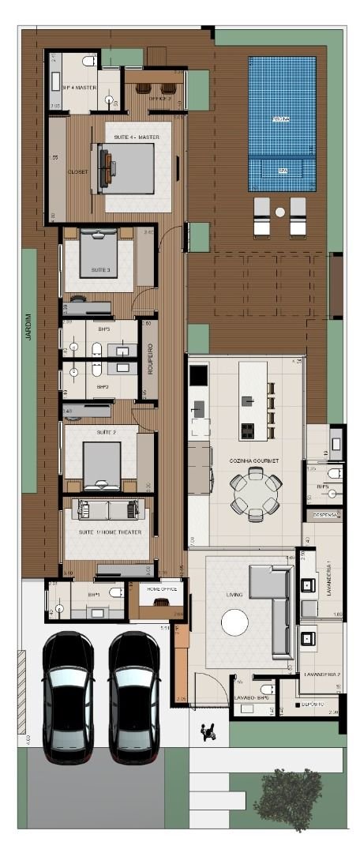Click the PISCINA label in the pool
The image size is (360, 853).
coord(281,119)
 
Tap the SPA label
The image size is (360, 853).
coord(282,171)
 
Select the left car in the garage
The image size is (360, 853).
coord(68,692)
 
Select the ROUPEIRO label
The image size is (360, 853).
coord(148,359)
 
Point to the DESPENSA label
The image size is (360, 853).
coord(325,515)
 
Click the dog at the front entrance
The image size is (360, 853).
coord(209,732)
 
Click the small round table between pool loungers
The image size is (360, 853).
coord(279,212)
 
